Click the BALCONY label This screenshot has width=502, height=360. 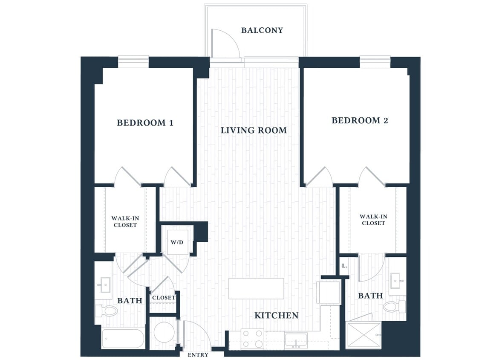tap(262, 30)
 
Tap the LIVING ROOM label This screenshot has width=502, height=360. tap(254, 131)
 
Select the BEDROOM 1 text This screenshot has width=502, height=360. tap(145, 123)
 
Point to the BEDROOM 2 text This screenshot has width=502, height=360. tap(360, 121)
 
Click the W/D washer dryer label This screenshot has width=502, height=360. tap(177, 242)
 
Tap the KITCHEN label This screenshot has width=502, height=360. tap(276, 316)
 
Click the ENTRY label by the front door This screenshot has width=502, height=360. tap(198, 354)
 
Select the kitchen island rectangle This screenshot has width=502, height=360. tap(256, 288)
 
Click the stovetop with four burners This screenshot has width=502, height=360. tap(251, 340)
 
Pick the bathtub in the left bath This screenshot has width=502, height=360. tap(123, 339)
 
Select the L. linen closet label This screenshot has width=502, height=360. tap(344, 266)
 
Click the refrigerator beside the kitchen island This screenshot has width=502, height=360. tap(329, 292)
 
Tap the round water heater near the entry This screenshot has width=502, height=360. tap(164, 332)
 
